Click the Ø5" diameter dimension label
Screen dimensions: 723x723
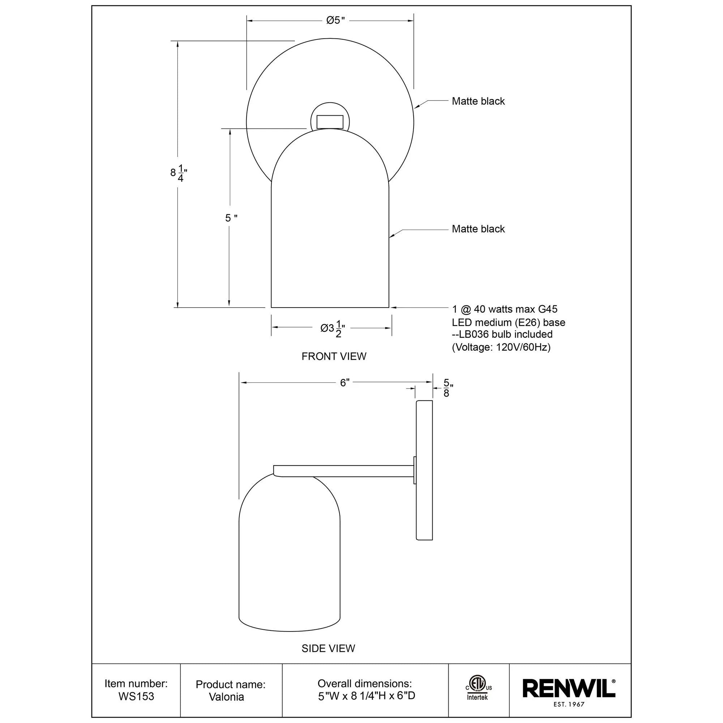[335, 20]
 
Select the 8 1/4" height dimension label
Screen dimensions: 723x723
[179, 173]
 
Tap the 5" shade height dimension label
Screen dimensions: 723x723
[231, 218]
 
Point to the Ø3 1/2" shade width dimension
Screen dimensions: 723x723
[332, 329]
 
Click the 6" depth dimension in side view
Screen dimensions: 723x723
[345, 382]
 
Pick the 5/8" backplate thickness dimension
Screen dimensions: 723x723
[447, 388]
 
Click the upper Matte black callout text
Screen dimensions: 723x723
[478, 101]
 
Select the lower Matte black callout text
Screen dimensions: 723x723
[478, 229]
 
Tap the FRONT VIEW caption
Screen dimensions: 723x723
[334, 356]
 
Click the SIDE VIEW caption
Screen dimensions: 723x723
[328, 648]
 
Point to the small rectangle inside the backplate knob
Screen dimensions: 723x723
[330, 121]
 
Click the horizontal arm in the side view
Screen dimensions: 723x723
[344, 471]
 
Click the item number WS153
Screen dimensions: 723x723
[136, 697]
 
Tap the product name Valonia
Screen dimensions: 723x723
[226, 697]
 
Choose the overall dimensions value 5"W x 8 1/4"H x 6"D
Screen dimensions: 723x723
[366, 696]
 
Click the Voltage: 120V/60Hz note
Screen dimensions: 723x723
[501, 347]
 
